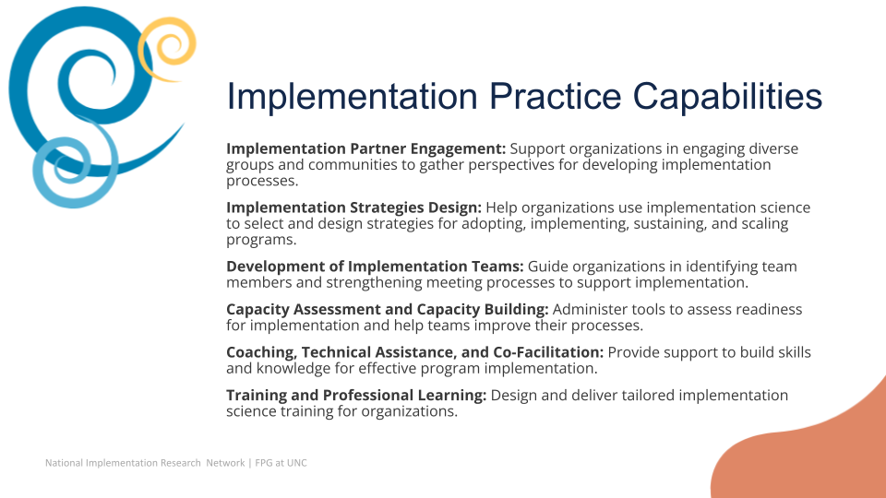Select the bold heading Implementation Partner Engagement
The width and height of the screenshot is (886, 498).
366,149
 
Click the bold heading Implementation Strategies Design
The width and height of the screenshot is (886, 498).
353,207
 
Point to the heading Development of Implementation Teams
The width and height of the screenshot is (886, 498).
375,267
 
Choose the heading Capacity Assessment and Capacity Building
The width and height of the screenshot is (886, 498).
387,310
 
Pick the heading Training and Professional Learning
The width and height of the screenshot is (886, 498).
356,396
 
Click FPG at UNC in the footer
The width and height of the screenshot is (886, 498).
281,463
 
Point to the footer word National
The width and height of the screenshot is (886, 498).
64,463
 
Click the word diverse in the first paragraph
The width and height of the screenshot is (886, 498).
773,149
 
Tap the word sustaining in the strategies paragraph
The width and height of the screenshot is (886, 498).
670,224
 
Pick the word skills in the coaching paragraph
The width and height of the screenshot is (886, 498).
794,352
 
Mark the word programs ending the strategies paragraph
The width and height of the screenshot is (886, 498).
261,240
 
